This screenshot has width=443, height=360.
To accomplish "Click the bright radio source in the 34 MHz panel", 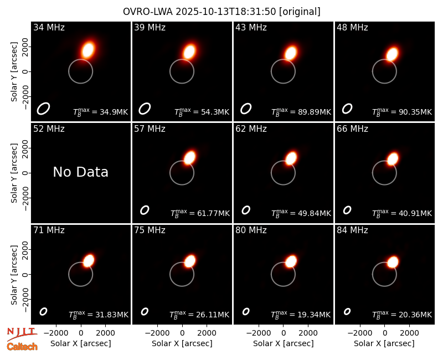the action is tap(88, 50).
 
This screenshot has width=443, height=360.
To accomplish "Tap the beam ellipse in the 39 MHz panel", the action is tap(145, 109).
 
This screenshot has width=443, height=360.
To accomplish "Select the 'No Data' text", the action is tap(80, 172).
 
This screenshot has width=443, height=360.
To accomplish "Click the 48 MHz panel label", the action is tap(352, 27).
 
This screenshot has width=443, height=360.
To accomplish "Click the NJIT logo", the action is tap(22, 334).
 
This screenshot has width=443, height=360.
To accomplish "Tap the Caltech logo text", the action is tap(22, 347).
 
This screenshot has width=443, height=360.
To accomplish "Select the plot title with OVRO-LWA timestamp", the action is tap(221, 12).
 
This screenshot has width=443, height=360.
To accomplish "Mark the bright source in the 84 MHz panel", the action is tap(393, 262).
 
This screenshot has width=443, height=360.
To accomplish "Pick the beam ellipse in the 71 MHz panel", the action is tap(43, 311).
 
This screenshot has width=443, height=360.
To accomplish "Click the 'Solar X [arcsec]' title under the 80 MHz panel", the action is tap(283, 343).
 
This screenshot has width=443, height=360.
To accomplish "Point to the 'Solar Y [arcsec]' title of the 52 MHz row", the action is tap(14, 173).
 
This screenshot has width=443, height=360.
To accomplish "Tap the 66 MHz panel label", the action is tap(352, 129).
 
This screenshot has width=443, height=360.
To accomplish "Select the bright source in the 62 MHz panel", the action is tap(291, 158).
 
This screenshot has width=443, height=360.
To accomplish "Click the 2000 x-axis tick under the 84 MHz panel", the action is tap(409, 333).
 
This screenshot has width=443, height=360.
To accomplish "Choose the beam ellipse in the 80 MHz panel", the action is tap(246, 311).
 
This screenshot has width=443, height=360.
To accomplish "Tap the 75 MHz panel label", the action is tap(150, 230).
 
